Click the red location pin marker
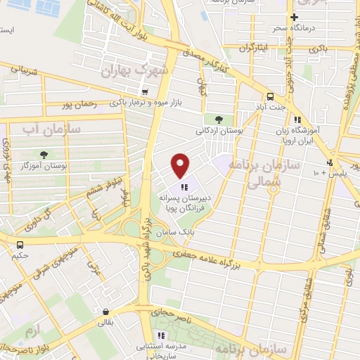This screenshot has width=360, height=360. [181, 165]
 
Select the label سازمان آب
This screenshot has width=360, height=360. [51, 129]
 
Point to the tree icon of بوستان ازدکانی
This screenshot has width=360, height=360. [219, 120]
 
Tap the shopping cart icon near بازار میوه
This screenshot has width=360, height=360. [144, 92]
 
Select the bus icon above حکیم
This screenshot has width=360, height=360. [19, 245]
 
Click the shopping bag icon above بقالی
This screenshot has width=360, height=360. [105, 311]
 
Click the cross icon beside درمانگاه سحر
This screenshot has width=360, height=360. [294, 17]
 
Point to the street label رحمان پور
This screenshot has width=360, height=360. [78, 105]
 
